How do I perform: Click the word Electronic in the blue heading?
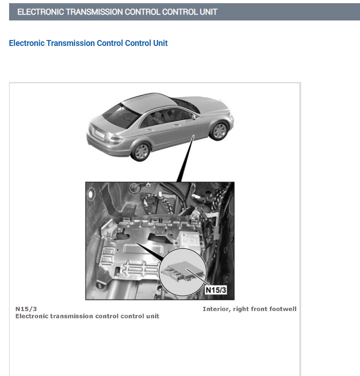tap(27, 43)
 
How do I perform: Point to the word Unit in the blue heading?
tap(160, 43)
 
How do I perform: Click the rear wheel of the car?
tap(141, 151)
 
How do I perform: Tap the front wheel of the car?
tap(219, 130)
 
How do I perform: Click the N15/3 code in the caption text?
tap(26, 309)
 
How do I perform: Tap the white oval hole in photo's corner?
tap(90, 195)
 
